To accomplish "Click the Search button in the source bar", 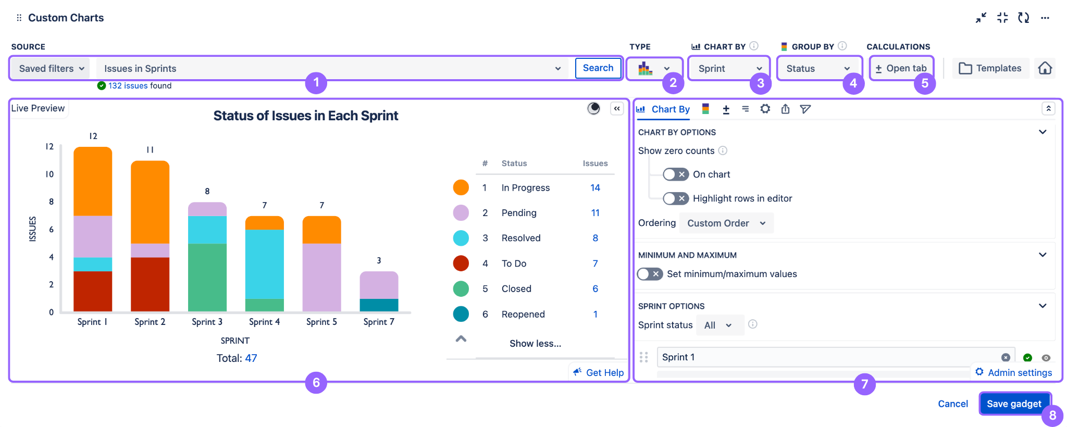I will coord(598,68).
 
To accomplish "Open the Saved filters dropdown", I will coord(51,69).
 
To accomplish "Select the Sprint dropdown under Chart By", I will coord(728,69).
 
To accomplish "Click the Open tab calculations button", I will coord(901,69).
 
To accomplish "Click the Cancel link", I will coord(952,404).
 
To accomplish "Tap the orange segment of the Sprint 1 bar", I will coord(93,181).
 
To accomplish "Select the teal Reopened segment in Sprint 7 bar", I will coord(379,305).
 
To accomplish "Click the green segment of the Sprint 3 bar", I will coord(207,277).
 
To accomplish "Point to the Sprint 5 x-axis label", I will coord(321,322).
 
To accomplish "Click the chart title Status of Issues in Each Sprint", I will coord(305,116).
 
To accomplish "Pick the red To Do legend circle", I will coord(461,263).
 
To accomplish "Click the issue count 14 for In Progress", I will coord(595,188).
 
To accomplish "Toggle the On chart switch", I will coord(676,174).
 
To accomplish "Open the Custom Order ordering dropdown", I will coord(726,223).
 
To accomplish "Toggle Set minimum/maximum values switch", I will coord(650,274).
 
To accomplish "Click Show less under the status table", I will coord(535,344).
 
